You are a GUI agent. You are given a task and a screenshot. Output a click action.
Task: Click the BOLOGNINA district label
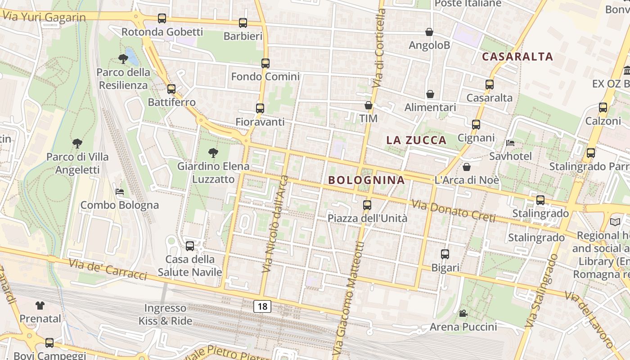tap(366, 180)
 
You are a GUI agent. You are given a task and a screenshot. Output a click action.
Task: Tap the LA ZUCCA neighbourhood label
tap(416, 140)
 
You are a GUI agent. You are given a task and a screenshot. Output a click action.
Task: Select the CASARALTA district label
tap(517, 57)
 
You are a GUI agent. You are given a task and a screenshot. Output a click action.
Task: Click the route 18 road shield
tap(262, 306)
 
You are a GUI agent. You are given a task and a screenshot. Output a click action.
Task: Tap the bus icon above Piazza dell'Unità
tap(367, 205)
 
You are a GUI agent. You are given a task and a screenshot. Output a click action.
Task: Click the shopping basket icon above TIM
tap(369, 106)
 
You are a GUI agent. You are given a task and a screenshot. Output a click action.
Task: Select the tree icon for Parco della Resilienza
tap(123, 58)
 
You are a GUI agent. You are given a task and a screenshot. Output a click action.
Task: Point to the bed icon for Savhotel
tap(510, 143)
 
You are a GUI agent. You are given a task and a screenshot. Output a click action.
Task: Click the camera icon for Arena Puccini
tap(463, 313)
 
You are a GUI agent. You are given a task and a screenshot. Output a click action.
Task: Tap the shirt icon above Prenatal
tap(40, 306)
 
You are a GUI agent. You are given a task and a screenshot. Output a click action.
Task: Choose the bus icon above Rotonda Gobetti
tap(162, 18)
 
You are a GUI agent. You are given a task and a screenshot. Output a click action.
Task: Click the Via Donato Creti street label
tap(453, 211)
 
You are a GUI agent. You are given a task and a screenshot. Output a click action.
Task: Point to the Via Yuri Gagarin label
tap(44, 16)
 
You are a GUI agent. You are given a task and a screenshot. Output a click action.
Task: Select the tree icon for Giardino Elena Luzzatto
tap(213, 153)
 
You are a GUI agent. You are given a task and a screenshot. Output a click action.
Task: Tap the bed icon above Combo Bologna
tap(120, 192)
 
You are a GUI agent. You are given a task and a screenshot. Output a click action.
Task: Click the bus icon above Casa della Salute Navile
tap(190, 246)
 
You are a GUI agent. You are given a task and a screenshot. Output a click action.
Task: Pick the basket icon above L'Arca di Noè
tap(467, 167)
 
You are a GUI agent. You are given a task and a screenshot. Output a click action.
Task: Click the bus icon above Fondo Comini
tap(265, 63)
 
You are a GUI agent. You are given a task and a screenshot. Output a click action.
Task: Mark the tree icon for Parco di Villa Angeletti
tap(77, 144)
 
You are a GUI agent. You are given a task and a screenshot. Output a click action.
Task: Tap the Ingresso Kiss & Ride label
tap(165, 315)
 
